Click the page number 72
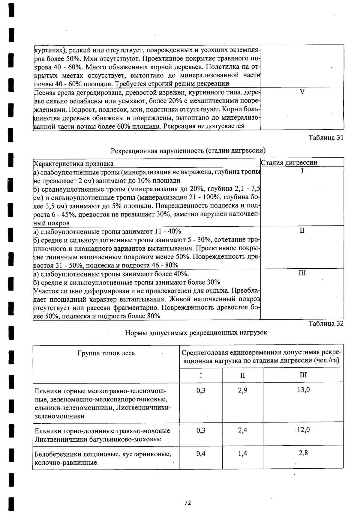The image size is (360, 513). coord(188,503)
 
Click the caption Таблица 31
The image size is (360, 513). coord(326,138)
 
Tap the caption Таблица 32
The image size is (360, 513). coord(326,324)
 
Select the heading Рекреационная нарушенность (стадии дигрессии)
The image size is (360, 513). coord(188,150)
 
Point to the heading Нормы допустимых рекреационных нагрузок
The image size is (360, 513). coord(196,333)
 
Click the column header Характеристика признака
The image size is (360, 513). coord(73,163)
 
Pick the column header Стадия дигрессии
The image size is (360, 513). coord(289,163)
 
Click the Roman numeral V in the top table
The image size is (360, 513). coord(302,92)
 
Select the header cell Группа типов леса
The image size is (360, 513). coord(106,353)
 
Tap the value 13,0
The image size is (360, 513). coord(303,390)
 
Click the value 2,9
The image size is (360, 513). coord(243,390)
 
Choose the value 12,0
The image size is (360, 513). coord(303,430)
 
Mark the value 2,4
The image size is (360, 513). coord(243,430)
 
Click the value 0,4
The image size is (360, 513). coord(201,454)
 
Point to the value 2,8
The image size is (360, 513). coord(303,453)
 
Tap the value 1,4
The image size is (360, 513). coord(243,454)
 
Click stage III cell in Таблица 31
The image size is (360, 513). coord(302,273)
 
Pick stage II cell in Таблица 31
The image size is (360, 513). coord(302,230)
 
